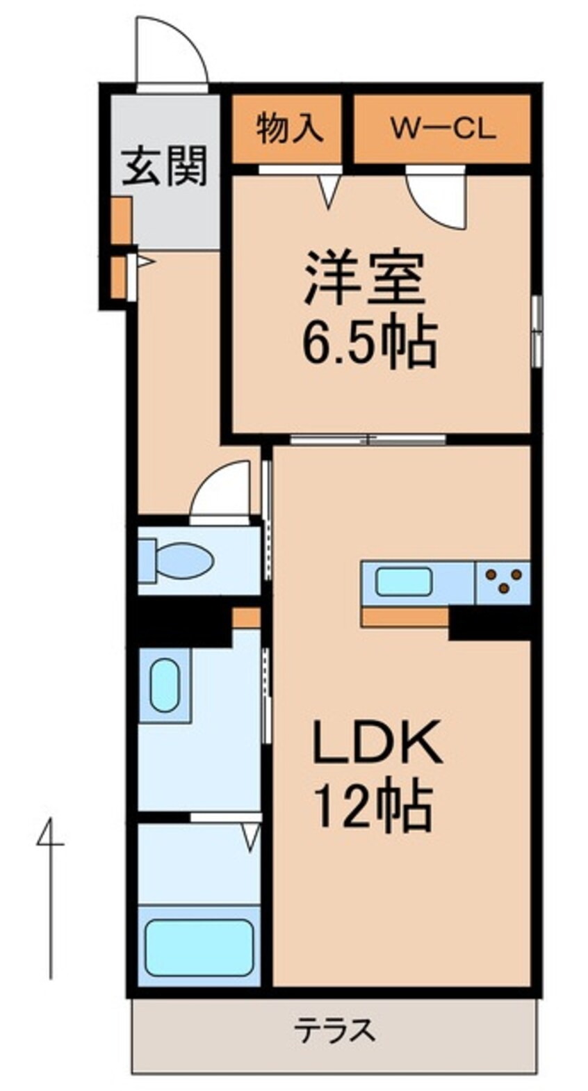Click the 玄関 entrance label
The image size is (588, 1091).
165,168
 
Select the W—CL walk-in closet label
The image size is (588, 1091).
442,129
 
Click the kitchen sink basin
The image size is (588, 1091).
404,581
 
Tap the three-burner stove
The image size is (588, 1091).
503,582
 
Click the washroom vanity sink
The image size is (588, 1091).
165,685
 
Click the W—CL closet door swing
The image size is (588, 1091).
438,200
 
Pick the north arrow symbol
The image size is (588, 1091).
49,897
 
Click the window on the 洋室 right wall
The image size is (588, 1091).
536,330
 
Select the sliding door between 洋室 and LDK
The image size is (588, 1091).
368,439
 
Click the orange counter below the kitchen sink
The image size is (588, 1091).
405,617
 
